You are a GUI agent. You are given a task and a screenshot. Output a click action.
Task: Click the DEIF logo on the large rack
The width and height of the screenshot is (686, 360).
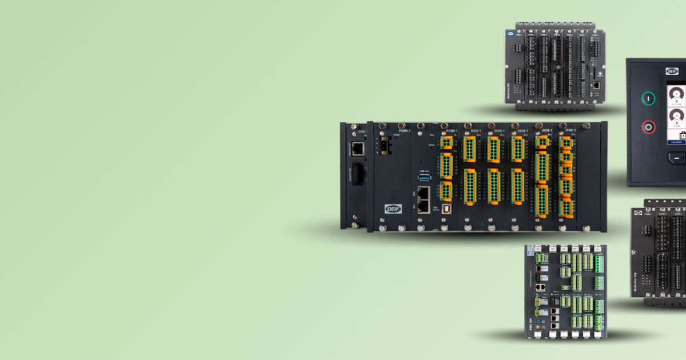point(393,209)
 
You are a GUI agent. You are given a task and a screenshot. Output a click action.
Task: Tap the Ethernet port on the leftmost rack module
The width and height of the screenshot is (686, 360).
point(357,149)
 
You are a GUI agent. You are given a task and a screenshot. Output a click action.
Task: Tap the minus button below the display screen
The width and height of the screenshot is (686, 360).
point(676,158)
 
